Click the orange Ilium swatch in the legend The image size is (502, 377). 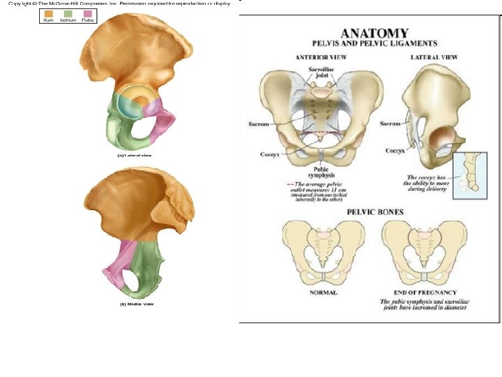point(48,13)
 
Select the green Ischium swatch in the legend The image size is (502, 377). point(68,13)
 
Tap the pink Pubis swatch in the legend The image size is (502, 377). point(87,13)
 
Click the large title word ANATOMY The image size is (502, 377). point(374,33)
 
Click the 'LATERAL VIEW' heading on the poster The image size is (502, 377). point(434,57)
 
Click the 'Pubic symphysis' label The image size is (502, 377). point(321,172)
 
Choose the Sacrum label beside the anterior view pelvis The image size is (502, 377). point(259,124)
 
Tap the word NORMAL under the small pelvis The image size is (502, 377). point(323,293)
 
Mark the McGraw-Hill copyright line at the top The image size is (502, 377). point(119,3)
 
